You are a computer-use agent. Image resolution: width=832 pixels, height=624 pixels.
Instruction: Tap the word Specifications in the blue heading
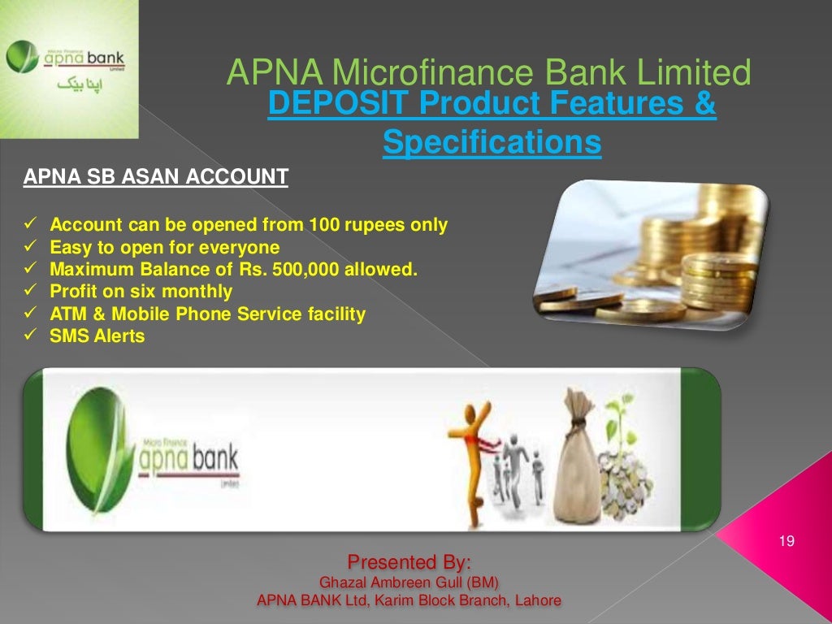(x=492, y=143)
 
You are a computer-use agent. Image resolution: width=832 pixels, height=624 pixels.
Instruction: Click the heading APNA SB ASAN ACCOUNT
(x=155, y=176)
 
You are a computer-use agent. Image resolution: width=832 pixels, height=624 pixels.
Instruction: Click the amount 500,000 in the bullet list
(x=307, y=269)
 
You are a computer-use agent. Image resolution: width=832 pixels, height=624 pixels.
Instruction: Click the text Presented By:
(x=409, y=561)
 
